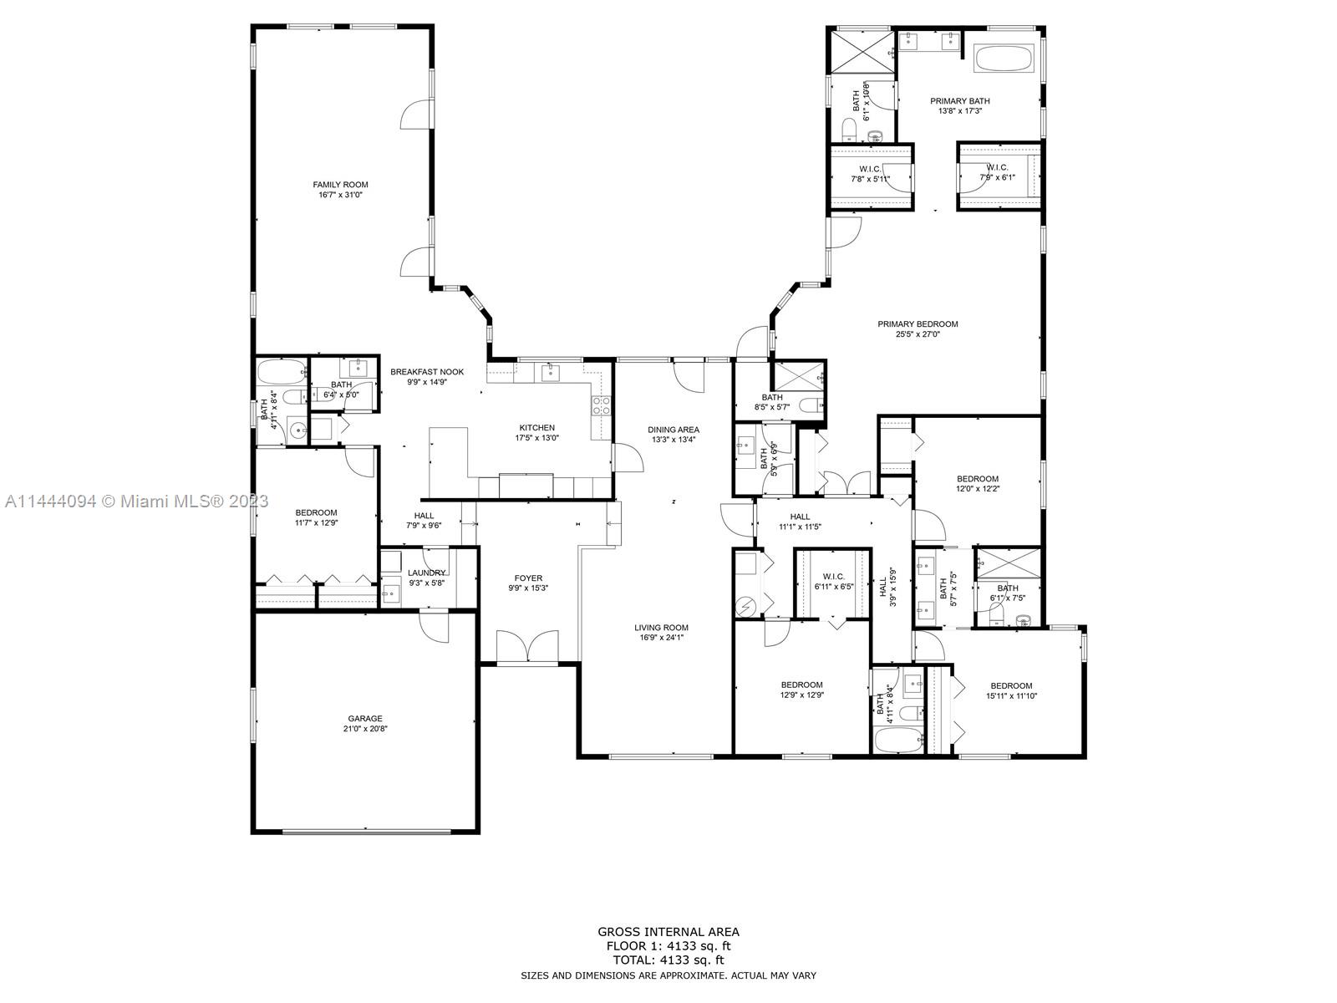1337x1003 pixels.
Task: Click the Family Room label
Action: pyautogui.click(x=340, y=185)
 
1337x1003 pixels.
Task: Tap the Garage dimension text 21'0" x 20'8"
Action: pyautogui.click(x=365, y=729)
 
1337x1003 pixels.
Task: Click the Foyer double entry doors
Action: pyautogui.click(x=527, y=646)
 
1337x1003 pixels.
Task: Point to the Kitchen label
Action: pyautogui.click(x=536, y=427)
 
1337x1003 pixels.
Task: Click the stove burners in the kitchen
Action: pyautogui.click(x=601, y=406)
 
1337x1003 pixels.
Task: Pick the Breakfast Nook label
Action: pyautogui.click(x=426, y=372)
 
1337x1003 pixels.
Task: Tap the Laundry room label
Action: pyautogui.click(x=426, y=573)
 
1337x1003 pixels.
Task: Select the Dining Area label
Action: pyautogui.click(x=674, y=430)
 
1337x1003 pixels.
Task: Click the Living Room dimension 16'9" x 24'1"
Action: pyautogui.click(x=660, y=638)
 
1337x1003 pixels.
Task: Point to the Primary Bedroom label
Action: pyautogui.click(x=918, y=324)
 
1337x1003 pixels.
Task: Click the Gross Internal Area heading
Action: pyautogui.click(x=668, y=932)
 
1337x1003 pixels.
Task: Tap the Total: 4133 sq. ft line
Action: pyautogui.click(x=668, y=960)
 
